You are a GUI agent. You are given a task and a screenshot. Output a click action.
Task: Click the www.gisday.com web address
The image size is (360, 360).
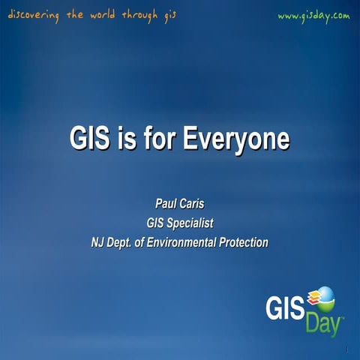click(x=313, y=16)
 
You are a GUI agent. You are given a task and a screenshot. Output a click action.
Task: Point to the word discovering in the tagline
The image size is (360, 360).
click(x=34, y=16)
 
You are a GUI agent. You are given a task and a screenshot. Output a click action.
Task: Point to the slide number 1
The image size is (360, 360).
click(x=349, y=351)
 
